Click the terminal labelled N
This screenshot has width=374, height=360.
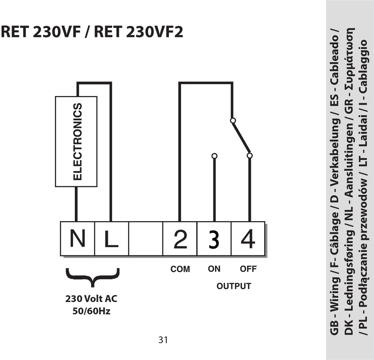78,239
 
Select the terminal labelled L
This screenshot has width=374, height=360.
111,239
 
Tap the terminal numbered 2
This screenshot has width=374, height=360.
180,239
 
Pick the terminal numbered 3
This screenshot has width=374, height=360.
214,239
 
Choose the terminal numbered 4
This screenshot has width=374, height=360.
248,239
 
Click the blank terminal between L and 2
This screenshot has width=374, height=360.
146,239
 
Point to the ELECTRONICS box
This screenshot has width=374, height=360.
76,141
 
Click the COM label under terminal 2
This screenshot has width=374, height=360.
180,269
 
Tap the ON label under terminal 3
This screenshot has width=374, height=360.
214,269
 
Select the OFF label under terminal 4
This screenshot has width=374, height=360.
248,269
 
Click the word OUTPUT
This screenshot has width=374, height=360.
233,286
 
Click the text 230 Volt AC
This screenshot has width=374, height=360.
91,299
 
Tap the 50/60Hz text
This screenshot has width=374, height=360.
91,311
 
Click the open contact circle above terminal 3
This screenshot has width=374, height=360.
214,156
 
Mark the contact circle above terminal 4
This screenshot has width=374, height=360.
250,155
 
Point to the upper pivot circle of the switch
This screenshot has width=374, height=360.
233,120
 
